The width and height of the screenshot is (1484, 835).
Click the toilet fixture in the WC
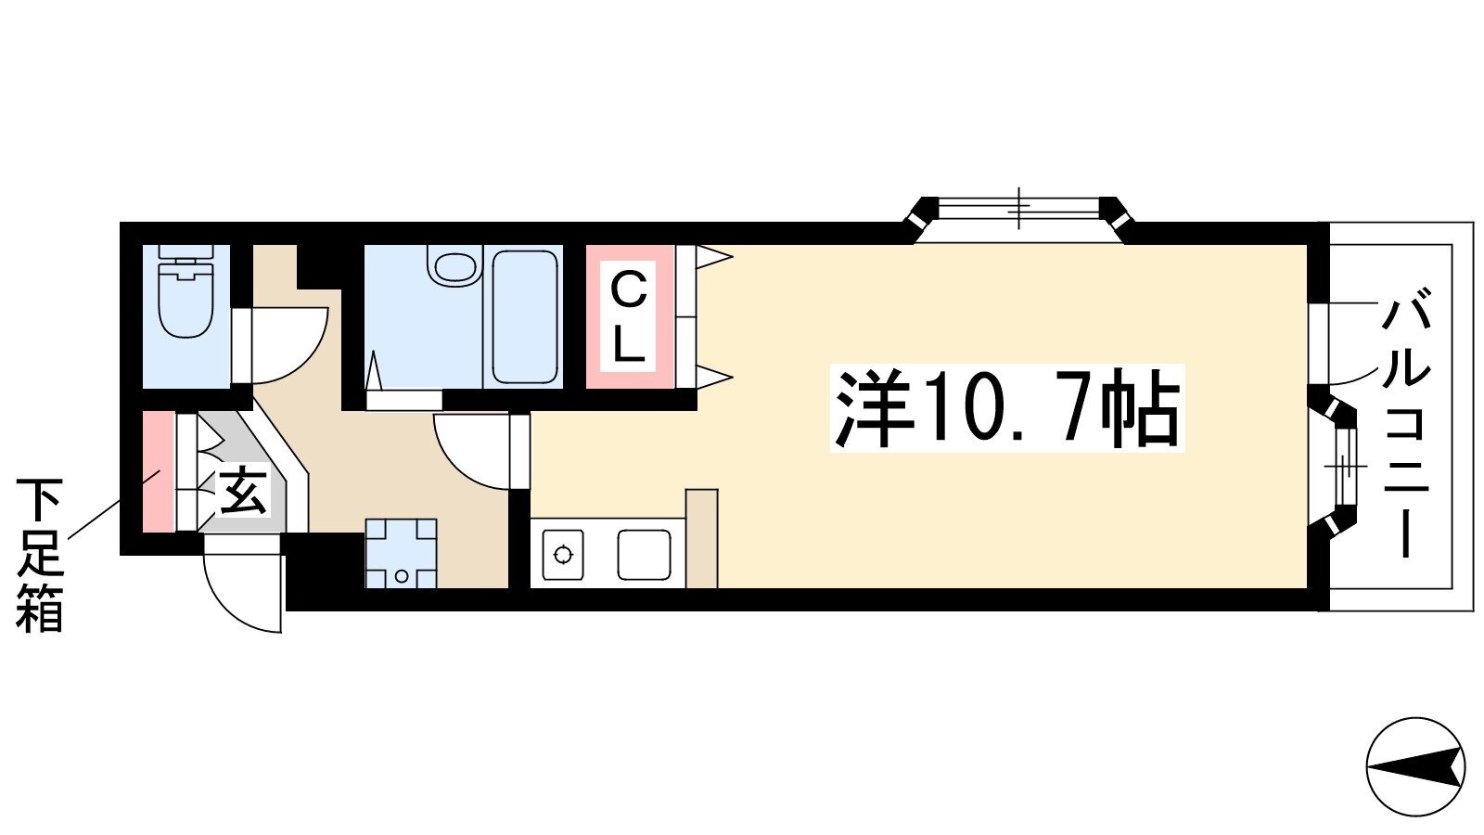(x=185, y=291)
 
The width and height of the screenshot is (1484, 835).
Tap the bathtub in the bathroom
(x=524, y=316)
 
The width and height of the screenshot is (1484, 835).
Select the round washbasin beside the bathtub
(x=455, y=265)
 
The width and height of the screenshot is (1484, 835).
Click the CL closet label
(x=627, y=318)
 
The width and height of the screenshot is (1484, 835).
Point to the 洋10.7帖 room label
(x=1007, y=408)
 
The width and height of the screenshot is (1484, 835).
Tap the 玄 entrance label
(x=243, y=493)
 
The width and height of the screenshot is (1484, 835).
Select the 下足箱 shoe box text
(x=40, y=556)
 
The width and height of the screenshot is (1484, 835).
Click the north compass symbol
(x=1415, y=768)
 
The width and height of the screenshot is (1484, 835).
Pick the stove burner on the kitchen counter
(x=563, y=554)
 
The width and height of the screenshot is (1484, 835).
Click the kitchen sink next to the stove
(x=644, y=554)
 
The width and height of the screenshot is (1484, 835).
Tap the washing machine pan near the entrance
(x=401, y=553)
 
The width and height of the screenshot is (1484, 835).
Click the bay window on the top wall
(x=1019, y=219)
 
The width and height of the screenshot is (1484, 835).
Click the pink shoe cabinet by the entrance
(x=159, y=472)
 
